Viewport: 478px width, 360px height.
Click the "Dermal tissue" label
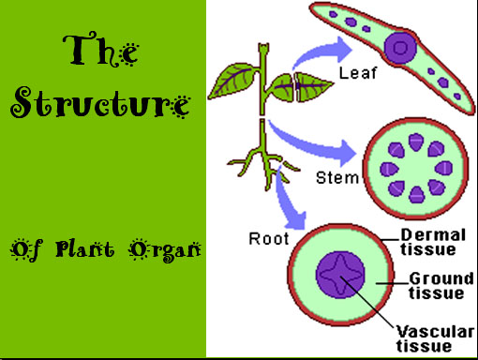[427, 242]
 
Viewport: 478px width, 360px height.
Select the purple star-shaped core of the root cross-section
[338, 279]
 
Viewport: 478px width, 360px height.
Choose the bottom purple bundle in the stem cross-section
[414, 194]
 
